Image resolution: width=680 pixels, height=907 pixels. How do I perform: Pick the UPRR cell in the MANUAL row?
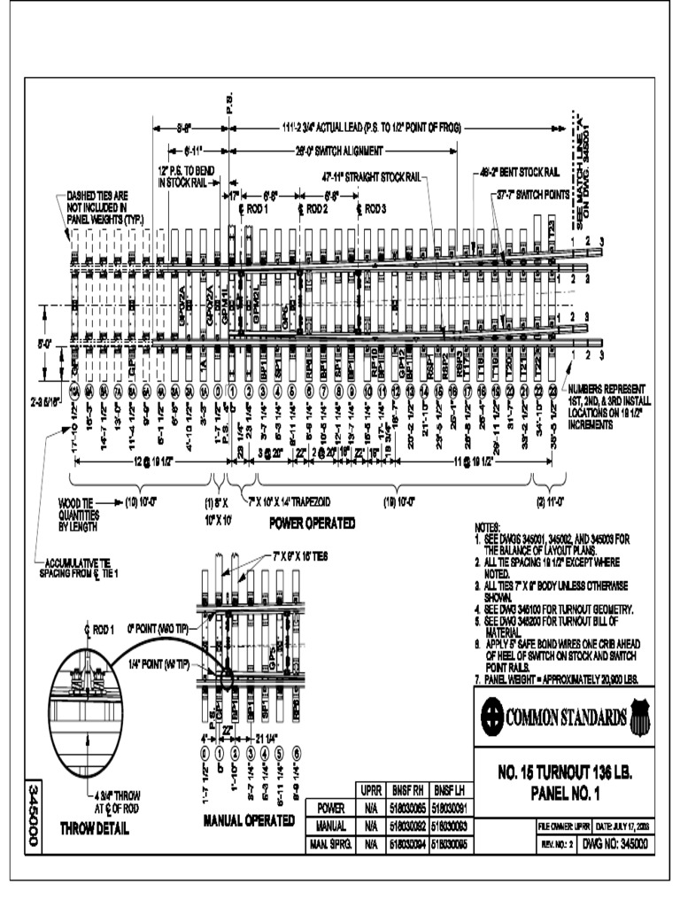tap(370, 826)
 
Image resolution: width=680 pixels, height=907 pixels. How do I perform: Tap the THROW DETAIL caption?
tap(93, 830)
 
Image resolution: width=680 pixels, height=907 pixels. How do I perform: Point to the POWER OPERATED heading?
tap(313, 523)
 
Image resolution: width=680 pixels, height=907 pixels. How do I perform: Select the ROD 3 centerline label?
tap(372, 209)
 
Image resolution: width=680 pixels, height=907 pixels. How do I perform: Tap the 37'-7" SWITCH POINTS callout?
tap(533, 192)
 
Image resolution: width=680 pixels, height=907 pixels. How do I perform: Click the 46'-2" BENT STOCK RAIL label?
tap(519, 172)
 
